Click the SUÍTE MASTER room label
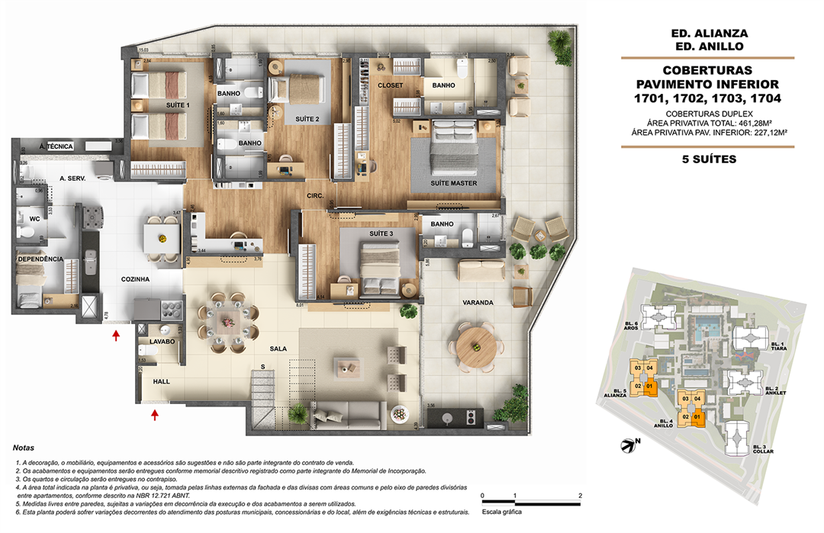tap(454, 184)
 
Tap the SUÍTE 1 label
tap(178, 104)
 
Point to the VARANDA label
tap(477, 302)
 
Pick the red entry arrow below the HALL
tap(156, 415)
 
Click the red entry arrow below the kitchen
tap(116, 336)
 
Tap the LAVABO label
tap(163, 342)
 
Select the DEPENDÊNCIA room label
tap(39, 259)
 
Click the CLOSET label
tap(391, 86)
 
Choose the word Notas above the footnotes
tap(25, 448)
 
